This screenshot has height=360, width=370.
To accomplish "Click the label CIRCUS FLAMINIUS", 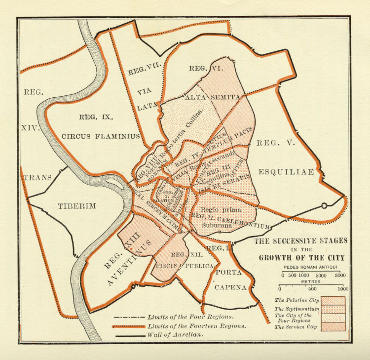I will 101,136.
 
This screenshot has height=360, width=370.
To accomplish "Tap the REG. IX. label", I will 96,118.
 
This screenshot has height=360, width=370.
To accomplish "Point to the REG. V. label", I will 274,143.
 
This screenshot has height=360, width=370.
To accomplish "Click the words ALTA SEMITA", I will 213,98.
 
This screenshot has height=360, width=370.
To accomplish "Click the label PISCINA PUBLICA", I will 185,266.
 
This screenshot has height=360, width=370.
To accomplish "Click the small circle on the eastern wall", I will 324,205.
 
